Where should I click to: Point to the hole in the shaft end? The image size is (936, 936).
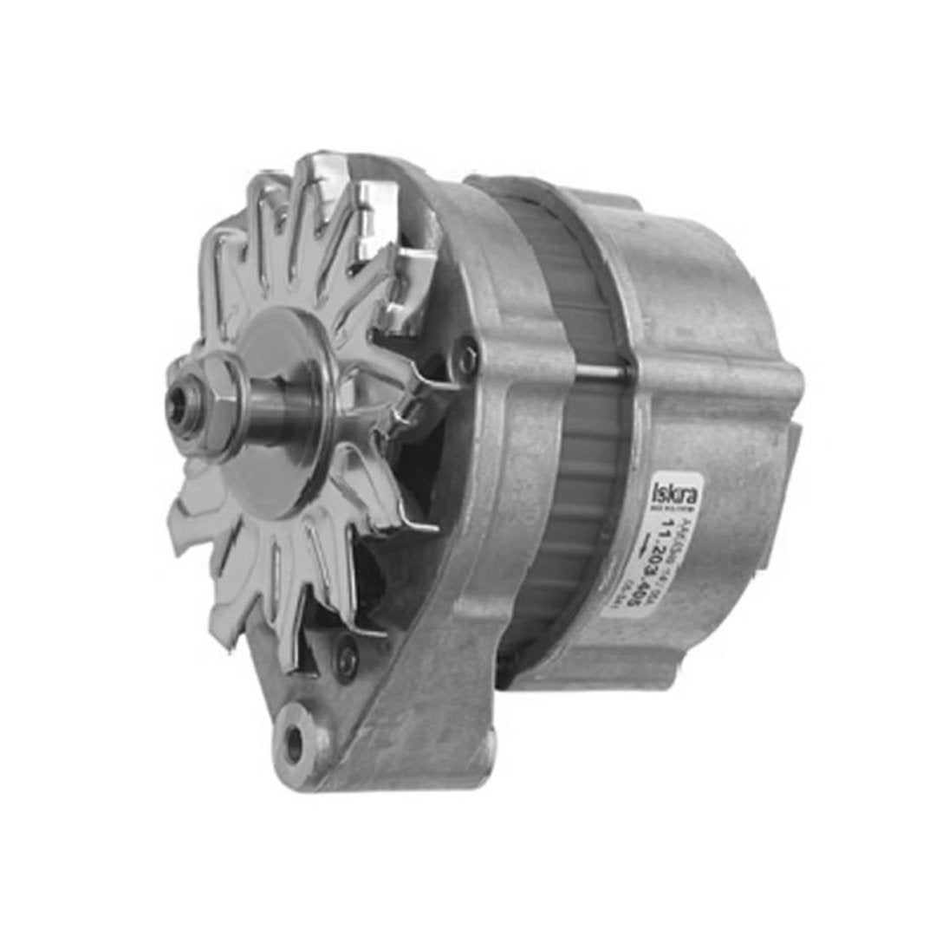(179, 403)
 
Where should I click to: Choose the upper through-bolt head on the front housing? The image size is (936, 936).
(469, 356)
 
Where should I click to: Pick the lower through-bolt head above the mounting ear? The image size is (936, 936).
(347, 659)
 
